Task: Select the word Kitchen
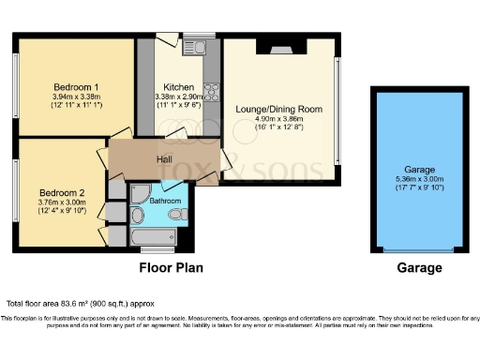[x=178, y=86]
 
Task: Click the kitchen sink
[x=198, y=44]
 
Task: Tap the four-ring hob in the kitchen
[x=211, y=92]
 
